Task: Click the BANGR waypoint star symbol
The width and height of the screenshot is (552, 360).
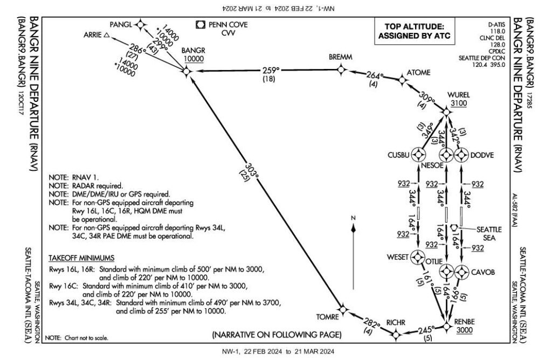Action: pyautogui.click(x=186, y=71)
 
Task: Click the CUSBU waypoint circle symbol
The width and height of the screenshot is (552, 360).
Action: pyautogui.click(x=418, y=155)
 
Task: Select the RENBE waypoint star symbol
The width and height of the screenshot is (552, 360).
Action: pyautogui.click(x=447, y=326)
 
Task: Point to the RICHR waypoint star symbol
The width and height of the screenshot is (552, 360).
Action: pyautogui.click(x=396, y=335)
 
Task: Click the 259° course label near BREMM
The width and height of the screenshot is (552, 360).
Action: pyautogui.click(x=272, y=70)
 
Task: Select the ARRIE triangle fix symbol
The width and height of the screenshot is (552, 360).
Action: pyautogui.click(x=107, y=36)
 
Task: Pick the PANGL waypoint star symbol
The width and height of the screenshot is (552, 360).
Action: pyautogui.click(x=140, y=24)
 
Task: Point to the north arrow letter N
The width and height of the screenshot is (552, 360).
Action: pyautogui.click(x=352, y=217)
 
